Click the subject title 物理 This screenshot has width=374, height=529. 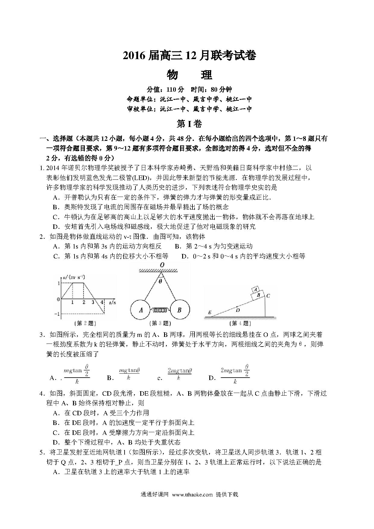tap(189, 75)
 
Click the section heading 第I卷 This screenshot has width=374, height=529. tap(189, 124)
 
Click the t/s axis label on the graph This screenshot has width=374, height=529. tap(113, 302)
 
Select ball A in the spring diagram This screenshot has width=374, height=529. tap(141, 310)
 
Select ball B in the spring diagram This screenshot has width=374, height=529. tap(179, 310)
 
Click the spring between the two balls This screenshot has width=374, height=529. tap(160, 310)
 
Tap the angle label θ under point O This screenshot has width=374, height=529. tap(160, 281)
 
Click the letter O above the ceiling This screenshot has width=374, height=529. tap(162, 265)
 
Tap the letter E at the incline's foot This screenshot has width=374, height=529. tap(209, 312)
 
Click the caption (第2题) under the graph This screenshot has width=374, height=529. tap(86, 323)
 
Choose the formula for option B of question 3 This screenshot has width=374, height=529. tap(129, 374)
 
